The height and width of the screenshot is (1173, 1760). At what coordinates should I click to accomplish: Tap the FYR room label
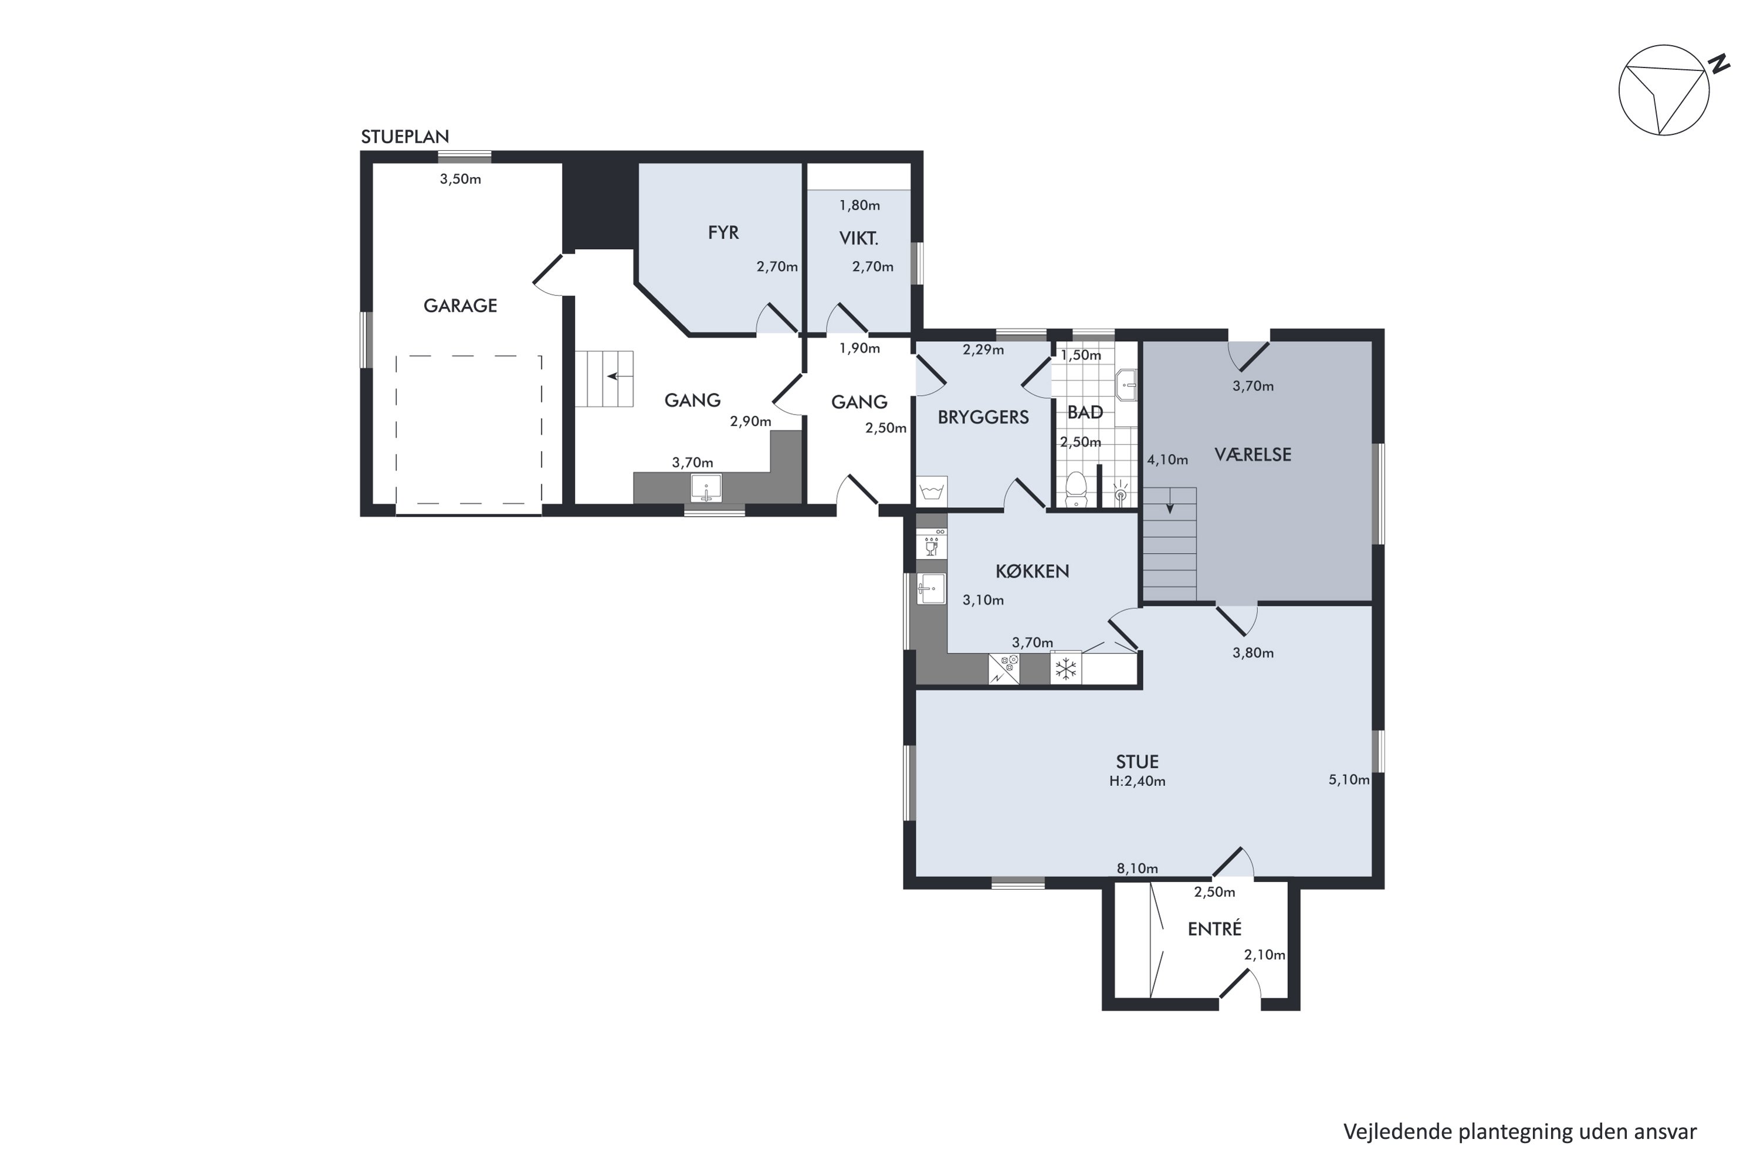coord(723,233)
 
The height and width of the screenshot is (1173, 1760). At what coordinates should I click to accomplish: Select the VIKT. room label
coord(858,239)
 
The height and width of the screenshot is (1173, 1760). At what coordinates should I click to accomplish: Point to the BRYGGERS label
coord(983,418)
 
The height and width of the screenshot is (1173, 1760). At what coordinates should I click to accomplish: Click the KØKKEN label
coord(1032,571)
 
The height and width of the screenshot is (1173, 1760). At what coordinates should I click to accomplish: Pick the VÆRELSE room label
coord(1253,454)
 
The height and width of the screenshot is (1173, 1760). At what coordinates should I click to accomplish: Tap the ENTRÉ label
coord(1214,928)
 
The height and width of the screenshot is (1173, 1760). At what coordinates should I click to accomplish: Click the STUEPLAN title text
coord(405,137)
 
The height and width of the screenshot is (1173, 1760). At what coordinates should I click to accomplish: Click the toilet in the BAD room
coord(1075,489)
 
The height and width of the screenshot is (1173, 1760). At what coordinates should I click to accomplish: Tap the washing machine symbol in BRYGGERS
coord(932,491)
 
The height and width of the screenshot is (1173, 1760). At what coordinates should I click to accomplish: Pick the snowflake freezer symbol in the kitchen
coord(1065,668)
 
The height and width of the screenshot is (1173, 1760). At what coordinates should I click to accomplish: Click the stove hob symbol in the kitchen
coord(1003,669)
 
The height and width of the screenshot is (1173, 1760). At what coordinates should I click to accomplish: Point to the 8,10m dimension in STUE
coord(1138,869)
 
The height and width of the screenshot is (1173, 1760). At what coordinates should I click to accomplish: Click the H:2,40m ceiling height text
coord(1138,782)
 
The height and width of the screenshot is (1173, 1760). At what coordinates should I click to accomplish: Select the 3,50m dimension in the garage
coord(460,179)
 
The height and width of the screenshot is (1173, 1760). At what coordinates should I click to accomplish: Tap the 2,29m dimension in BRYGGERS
coord(983,350)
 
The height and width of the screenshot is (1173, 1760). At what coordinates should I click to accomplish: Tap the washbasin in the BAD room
coord(1126,385)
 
